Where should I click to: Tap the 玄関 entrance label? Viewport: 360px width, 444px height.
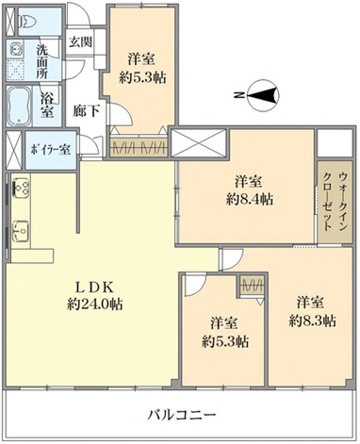pyautogui.click(x=80, y=41)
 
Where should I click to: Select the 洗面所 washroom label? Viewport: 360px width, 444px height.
pyautogui.click(x=41, y=61)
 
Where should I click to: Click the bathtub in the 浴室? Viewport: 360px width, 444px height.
pyautogui.click(x=19, y=106)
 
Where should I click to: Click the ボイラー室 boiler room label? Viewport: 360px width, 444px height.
pyautogui.click(x=50, y=150)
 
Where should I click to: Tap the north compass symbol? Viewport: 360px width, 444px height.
pyautogui.click(x=263, y=95)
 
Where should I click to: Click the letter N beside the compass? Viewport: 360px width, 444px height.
pyautogui.click(x=239, y=95)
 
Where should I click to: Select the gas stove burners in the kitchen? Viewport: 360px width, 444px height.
pyautogui.click(x=21, y=188)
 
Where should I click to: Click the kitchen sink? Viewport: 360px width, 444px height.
pyautogui.click(x=21, y=231)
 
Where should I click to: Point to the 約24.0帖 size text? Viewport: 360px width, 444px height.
pyautogui.click(x=94, y=304)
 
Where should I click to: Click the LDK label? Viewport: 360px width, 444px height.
pyautogui.click(x=94, y=287)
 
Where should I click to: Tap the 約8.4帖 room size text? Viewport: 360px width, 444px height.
pyautogui.click(x=249, y=199)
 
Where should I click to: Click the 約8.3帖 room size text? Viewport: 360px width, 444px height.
pyautogui.click(x=313, y=321)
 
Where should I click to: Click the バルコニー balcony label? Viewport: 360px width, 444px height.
pyautogui.click(x=182, y=416)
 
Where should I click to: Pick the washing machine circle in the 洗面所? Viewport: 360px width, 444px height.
pyautogui.click(x=15, y=50)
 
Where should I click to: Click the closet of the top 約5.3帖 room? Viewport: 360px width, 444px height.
pyautogui.click(x=139, y=147)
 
